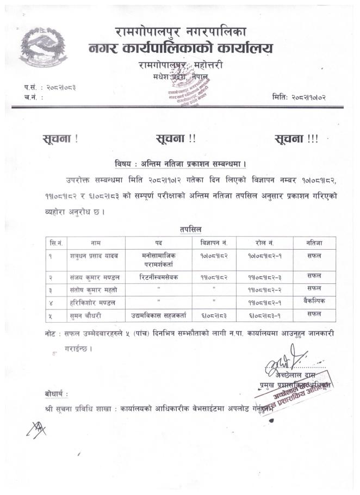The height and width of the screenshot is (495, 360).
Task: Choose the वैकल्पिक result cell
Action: [x=314, y=300]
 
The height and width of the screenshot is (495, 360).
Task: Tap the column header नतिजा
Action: [x=314, y=243]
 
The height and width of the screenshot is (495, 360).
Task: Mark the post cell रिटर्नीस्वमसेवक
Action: [x=158, y=277]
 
